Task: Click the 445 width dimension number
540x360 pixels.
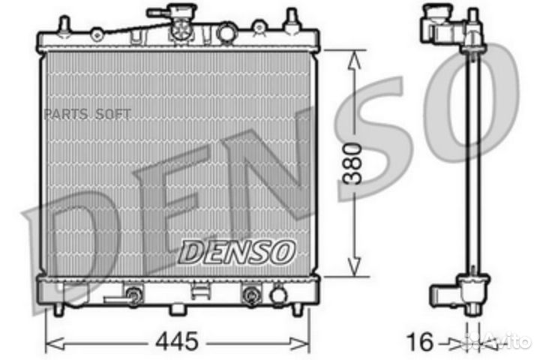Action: [178, 342]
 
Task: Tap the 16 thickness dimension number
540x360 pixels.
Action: [423, 342]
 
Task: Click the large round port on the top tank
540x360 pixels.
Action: [226, 33]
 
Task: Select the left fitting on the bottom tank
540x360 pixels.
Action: [134, 295]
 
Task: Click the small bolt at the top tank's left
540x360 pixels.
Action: [96, 33]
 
